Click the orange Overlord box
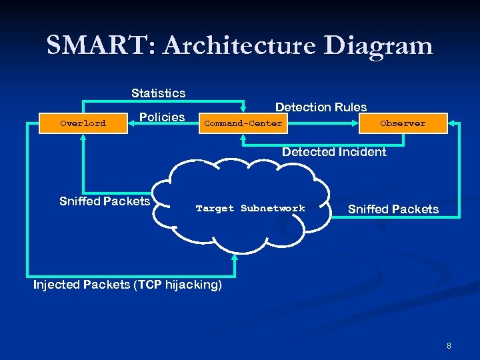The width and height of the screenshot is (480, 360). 83,123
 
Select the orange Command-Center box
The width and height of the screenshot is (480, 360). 243,123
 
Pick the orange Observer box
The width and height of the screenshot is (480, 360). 402,123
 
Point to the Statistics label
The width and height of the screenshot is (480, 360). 158,93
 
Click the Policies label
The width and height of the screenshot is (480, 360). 162,117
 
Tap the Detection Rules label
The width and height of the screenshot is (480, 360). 321,107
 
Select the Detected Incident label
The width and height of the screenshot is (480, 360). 333,152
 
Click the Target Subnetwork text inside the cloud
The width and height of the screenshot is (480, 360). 250,209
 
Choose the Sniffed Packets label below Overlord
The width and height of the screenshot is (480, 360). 105,201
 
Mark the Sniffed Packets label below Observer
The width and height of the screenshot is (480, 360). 393,209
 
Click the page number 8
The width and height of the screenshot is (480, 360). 449,346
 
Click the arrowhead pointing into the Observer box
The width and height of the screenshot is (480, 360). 451,123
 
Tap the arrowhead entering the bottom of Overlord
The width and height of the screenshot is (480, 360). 83,138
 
